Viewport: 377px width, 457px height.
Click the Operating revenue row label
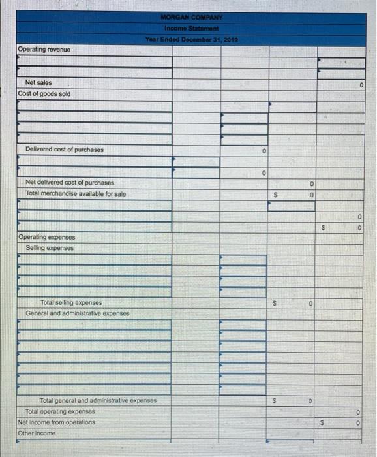pyautogui.click(x=44, y=50)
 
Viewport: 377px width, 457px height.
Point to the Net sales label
pyautogui.click(x=38, y=83)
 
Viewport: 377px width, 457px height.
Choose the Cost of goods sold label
pyautogui.click(x=45, y=94)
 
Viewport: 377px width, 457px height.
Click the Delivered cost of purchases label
pyautogui.click(x=64, y=150)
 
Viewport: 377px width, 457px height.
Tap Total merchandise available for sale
pyautogui.click(x=76, y=194)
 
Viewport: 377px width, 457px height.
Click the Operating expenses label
pyautogui.click(x=47, y=238)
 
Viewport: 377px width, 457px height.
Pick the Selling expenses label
pyautogui.click(x=50, y=248)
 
